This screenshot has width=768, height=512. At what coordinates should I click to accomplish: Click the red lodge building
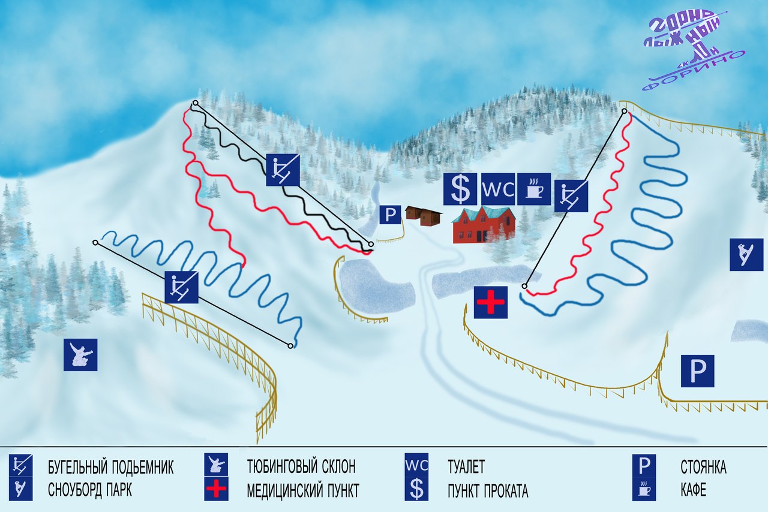pyautogui.click(x=484, y=225)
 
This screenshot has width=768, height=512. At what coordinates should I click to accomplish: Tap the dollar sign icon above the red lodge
pyautogui.click(x=460, y=189)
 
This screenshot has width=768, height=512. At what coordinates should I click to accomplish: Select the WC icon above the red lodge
pyautogui.click(x=497, y=189)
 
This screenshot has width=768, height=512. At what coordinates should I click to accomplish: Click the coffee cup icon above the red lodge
pyautogui.click(x=533, y=189)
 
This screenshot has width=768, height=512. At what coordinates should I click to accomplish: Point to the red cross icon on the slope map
pyautogui.click(x=491, y=302)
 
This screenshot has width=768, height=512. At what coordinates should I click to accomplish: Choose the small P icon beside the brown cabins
pyautogui.click(x=391, y=215)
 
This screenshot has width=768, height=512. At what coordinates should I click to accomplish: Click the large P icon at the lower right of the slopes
pyautogui.click(x=697, y=371)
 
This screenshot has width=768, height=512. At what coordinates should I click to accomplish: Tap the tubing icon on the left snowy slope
pyautogui.click(x=80, y=354)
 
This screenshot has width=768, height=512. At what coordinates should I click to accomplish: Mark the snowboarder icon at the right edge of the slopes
pyautogui.click(x=746, y=254)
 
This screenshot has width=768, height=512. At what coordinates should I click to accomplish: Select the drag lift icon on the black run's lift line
pyautogui.click(x=283, y=169)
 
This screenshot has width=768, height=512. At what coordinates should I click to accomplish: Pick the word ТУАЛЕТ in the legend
pyautogui.click(x=466, y=467)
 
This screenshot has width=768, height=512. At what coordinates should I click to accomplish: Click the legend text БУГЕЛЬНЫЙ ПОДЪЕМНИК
pyautogui.click(x=111, y=467)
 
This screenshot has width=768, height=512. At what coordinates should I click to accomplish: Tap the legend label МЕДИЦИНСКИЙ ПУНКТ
pyautogui.click(x=303, y=491)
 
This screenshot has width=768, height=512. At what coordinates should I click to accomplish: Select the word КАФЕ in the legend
pyautogui.click(x=694, y=491)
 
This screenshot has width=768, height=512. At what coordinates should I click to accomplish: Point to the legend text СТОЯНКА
pyautogui.click(x=703, y=467)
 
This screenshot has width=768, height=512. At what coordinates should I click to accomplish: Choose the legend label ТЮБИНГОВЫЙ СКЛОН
pyautogui.click(x=301, y=467)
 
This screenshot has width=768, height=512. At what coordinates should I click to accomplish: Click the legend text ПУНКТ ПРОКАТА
pyautogui.click(x=488, y=491)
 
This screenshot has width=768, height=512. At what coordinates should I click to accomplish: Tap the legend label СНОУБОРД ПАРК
pyautogui.click(x=90, y=490)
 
